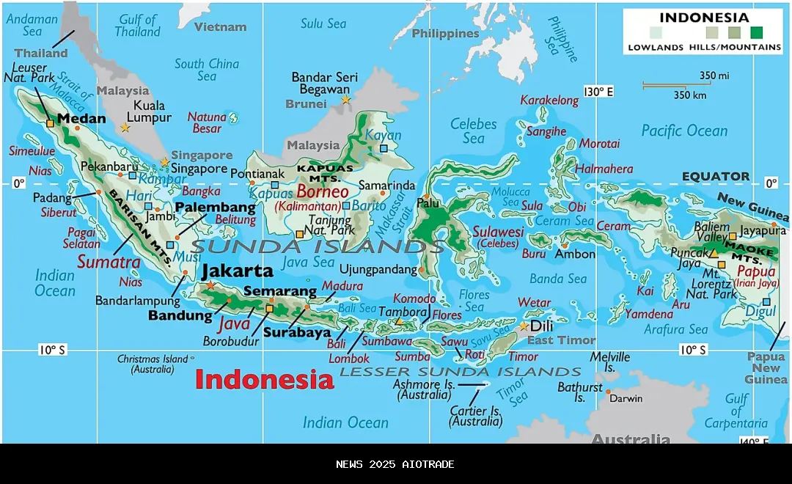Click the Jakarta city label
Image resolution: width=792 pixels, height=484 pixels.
238,270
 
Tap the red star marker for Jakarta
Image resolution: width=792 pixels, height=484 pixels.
211,285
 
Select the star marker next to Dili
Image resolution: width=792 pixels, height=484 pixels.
524,326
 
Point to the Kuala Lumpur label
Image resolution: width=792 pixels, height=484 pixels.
149,111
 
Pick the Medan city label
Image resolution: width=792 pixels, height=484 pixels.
81,118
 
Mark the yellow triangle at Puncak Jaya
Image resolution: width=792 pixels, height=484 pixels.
713,254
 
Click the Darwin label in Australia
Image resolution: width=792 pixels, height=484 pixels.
626,398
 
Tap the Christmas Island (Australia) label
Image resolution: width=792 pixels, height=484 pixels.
153,364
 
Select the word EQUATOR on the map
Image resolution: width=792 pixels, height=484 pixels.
716,176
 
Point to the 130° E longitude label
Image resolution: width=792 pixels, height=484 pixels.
598,92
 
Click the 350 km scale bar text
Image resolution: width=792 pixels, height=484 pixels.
690,95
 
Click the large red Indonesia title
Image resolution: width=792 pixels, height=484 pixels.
264,379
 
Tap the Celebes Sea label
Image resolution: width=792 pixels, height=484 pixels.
474,131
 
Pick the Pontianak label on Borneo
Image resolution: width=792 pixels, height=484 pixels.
257,174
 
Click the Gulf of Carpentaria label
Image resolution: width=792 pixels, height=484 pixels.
736,411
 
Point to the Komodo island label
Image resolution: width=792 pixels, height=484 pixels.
414,298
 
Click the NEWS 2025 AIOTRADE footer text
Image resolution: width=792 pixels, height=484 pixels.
395,464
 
